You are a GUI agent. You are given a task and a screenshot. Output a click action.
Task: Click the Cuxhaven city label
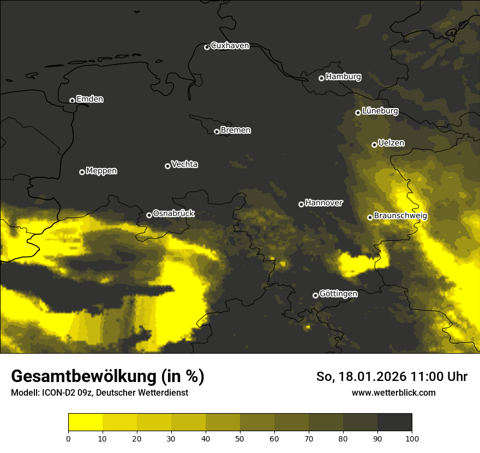point(230,46)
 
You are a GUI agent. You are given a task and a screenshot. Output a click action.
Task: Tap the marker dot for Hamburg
point(321,78)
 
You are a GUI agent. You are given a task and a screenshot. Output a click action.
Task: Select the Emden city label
point(89,99)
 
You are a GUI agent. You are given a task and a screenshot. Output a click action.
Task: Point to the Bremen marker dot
point(217,132)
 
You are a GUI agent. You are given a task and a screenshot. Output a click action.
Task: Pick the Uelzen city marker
point(374,145)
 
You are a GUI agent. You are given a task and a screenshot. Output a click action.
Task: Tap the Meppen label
point(101,171)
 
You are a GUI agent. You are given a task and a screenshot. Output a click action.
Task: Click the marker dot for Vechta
point(167,166)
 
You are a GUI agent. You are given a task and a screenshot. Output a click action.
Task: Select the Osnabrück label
point(173,214)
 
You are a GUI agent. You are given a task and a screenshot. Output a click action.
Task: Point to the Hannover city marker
point(301,204)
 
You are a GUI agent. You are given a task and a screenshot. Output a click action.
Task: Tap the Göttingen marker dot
point(315,295)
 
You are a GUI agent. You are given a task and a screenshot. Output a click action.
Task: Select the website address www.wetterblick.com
point(393,392)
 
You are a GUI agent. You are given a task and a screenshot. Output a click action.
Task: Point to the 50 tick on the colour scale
point(240,438)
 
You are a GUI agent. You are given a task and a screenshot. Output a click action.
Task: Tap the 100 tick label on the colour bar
point(412,438)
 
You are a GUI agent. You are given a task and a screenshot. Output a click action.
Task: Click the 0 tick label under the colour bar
point(68,438)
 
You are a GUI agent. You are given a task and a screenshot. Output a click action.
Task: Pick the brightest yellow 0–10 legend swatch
point(85,422)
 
